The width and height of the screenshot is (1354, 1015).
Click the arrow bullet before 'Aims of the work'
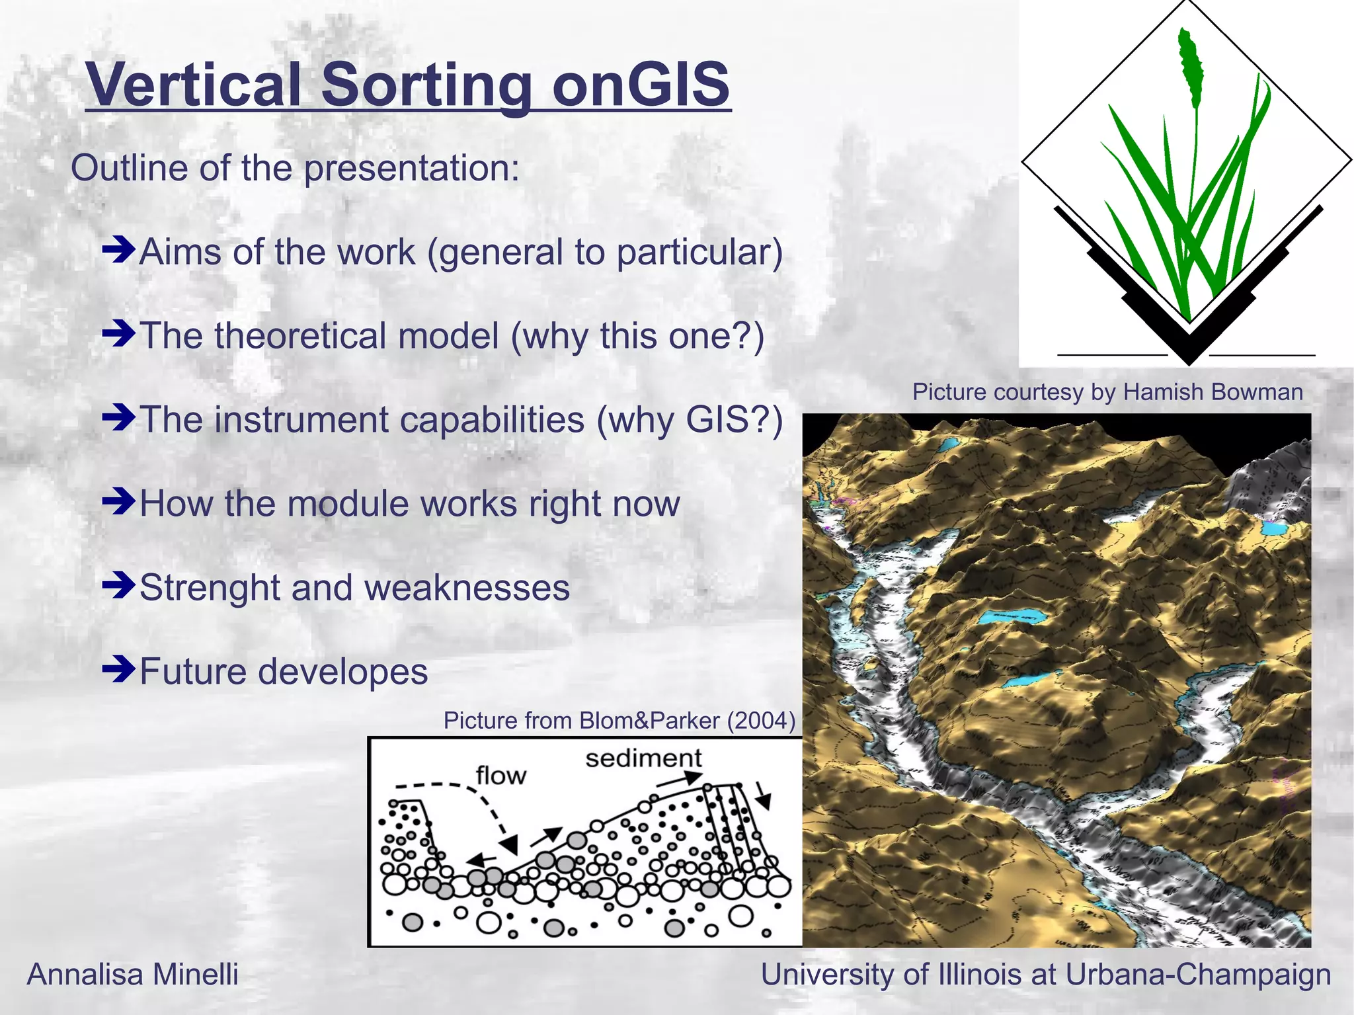[x=119, y=251]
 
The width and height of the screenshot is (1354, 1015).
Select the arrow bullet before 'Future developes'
[x=119, y=670]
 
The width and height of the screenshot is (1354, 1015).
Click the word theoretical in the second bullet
[x=356, y=335]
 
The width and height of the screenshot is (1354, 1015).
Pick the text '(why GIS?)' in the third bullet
[x=690, y=420]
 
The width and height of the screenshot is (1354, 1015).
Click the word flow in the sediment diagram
[x=501, y=775]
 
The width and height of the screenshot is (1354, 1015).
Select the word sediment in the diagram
[x=643, y=758]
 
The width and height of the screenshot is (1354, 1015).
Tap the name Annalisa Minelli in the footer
[x=132, y=974]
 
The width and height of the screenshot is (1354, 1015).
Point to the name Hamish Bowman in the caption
[x=1213, y=391]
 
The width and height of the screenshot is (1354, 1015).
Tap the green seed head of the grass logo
[x=1191, y=66]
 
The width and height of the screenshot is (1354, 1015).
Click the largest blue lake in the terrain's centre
[x=1012, y=618]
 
